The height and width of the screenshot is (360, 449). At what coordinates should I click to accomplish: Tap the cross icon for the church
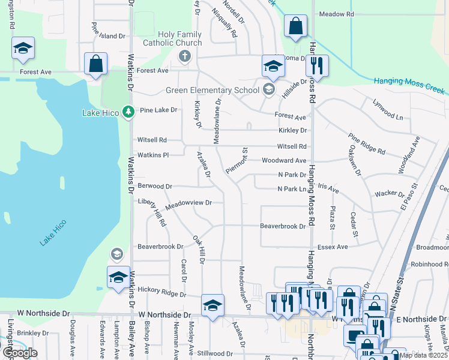click(x=185, y=58)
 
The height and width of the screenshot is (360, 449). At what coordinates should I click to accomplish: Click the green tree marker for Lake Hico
click(x=127, y=112)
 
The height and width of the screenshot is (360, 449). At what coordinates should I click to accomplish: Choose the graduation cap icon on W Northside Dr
click(x=212, y=306)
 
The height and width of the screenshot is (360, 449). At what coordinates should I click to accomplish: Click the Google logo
click(x=20, y=353)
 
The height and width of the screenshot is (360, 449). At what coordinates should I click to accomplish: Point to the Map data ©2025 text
click(x=422, y=355)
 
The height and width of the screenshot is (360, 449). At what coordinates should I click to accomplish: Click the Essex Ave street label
click(x=333, y=247)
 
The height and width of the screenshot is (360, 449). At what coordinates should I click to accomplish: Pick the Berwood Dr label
click(x=155, y=187)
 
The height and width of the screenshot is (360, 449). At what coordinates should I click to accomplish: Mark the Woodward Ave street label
click(x=283, y=161)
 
